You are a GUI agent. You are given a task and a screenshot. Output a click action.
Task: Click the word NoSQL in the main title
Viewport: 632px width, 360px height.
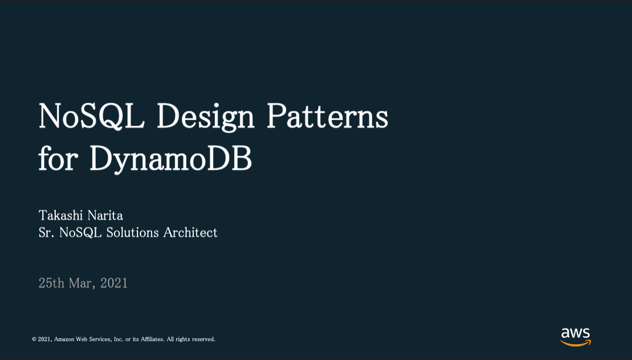(92, 116)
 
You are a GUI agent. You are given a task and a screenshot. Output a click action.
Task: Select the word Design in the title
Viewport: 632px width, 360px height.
(206, 117)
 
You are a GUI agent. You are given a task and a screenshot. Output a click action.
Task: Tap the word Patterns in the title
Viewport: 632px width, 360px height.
(327, 116)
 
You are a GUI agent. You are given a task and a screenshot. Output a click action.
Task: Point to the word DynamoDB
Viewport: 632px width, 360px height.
(170, 159)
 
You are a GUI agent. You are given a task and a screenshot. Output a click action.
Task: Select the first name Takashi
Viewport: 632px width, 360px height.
(61, 216)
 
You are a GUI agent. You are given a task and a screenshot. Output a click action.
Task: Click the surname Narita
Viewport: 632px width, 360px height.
(105, 216)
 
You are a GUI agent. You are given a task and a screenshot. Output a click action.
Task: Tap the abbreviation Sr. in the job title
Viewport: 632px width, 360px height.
(46, 233)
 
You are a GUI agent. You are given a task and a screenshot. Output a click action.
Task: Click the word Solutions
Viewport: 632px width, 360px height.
(133, 233)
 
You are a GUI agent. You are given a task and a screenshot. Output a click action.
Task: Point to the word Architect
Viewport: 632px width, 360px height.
(190, 233)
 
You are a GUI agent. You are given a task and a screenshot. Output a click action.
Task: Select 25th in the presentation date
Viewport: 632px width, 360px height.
(52, 283)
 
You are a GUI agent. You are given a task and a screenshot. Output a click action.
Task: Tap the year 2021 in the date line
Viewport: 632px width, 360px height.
(114, 283)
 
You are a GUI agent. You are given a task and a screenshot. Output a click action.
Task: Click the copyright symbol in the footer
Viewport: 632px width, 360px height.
(34, 339)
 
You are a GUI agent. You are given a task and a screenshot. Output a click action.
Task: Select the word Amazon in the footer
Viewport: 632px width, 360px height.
(64, 339)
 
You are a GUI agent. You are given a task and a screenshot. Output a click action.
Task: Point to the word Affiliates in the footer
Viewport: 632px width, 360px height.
(152, 339)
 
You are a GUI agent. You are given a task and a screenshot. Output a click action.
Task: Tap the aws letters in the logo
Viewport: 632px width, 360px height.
(576, 333)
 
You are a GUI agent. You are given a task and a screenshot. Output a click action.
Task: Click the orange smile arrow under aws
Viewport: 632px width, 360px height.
(576, 344)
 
